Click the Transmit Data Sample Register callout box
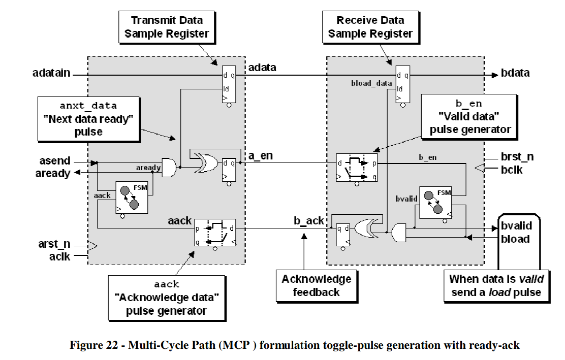click(167, 27)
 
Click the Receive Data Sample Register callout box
click(370, 27)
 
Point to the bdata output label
click(515, 73)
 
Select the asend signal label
click(54, 161)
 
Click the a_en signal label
click(261, 156)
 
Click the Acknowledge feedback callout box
click(316, 285)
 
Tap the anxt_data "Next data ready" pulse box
click(88, 119)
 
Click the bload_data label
click(371, 83)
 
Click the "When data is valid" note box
click(496, 285)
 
